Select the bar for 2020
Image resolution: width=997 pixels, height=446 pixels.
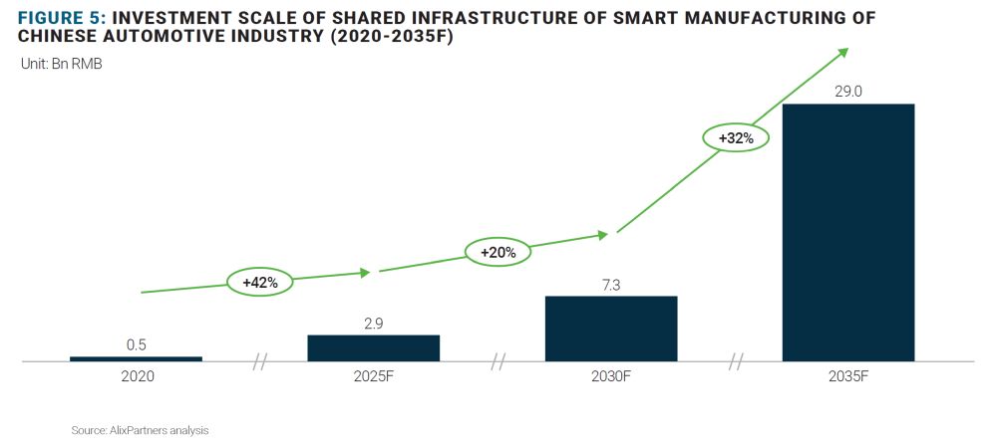[136, 358]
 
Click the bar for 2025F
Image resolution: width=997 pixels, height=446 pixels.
[373, 347]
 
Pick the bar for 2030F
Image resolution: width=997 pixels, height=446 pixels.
[610, 328]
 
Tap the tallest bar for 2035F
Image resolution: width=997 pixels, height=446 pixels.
[847, 232]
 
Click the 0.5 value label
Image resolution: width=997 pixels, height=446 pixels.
[137, 344]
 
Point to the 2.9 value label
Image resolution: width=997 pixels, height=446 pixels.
[373, 323]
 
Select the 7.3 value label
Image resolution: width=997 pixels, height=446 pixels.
[610, 284]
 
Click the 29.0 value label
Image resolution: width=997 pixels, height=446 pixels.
[847, 92]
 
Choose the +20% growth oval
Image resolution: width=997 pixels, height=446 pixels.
[498, 253]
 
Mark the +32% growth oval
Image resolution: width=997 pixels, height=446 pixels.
[735, 138]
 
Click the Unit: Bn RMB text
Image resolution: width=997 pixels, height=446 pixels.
[62, 65]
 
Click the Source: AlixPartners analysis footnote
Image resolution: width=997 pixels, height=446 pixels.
[140, 430]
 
